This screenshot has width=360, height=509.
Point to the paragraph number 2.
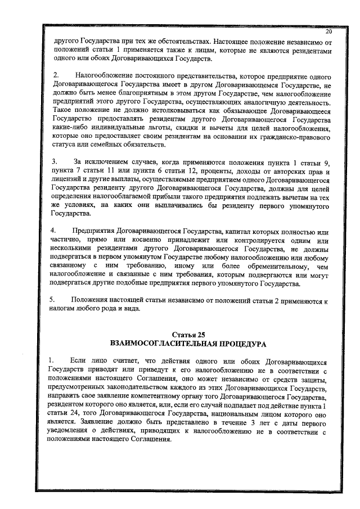tap(55, 75)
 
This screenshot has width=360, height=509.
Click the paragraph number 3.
tap(55, 163)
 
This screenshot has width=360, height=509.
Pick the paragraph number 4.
tap(55, 231)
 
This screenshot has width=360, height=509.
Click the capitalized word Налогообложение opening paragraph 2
tap(101, 75)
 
